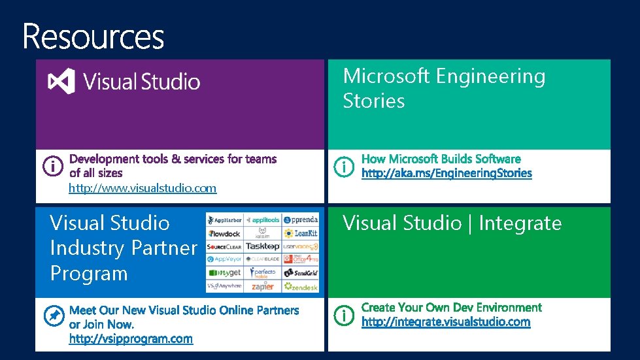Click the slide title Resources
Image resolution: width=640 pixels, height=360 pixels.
[x=93, y=37]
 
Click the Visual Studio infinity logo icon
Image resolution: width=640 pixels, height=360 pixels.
[x=61, y=82]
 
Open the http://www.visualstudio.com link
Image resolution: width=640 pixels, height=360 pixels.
[x=143, y=188]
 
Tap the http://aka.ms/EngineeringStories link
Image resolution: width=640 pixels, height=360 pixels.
[x=446, y=173]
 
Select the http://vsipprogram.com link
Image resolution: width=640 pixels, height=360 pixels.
[x=131, y=338]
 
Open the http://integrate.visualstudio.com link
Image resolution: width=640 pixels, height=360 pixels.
[x=446, y=321]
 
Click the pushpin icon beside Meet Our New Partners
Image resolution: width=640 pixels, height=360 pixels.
[x=52, y=317]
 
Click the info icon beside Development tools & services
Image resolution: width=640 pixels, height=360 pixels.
[x=52, y=166]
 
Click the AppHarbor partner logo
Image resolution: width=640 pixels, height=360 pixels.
[x=224, y=220]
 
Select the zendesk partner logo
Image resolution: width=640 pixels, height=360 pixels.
[x=301, y=286]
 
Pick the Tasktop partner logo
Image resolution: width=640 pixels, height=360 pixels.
[x=263, y=246]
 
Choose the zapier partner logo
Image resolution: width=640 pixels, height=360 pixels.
[x=263, y=286]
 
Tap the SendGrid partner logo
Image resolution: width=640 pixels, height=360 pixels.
[x=301, y=272]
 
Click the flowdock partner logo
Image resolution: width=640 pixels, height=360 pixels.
[x=224, y=233]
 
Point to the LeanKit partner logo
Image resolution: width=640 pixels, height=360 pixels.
[x=301, y=233]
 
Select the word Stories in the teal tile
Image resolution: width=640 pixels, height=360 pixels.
[x=374, y=101]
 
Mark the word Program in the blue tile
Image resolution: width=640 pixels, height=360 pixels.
[x=89, y=273]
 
